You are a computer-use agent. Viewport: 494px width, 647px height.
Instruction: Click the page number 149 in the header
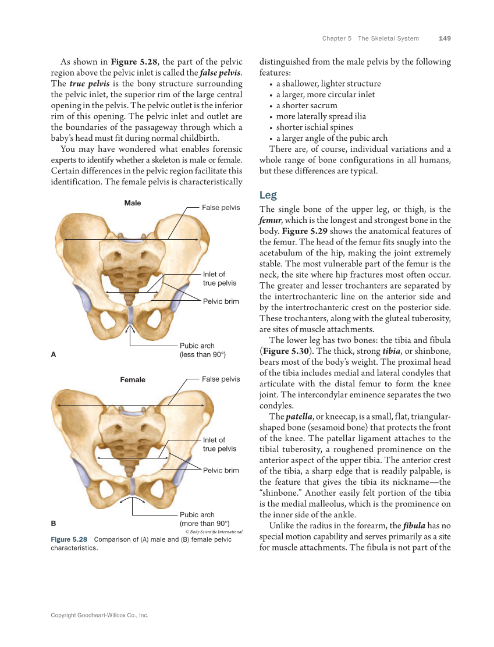(x=445, y=38)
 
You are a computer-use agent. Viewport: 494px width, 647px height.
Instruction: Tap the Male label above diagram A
(x=133, y=203)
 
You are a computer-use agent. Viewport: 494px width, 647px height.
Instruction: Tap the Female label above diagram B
(x=133, y=380)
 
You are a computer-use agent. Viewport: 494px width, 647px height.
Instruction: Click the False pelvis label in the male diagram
(x=221, y=208)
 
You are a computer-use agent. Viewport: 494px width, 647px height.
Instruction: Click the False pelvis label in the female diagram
(x=221, y=379)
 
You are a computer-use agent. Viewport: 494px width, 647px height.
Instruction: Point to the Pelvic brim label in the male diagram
(x=221, y=301)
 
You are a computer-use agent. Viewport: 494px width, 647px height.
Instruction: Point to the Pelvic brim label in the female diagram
(x=221, y=470)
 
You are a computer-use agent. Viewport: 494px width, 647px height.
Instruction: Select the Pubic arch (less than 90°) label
(x=202, y=350)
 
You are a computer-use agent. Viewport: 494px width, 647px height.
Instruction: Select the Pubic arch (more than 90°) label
(x=204, y=519)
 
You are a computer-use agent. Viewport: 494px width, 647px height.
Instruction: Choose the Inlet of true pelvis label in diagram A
(x=219, y=279)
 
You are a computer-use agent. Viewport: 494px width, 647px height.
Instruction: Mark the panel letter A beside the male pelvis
(x=54, y=354)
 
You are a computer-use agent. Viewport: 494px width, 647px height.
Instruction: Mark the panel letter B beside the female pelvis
(x=54, y=522)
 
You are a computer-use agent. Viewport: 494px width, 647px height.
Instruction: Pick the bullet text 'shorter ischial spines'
(x=314, y=127)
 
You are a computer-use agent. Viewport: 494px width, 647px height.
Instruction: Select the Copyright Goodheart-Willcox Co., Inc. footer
(x=99, y=615)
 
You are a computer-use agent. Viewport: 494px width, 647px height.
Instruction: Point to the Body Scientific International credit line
(x=213, y=532)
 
